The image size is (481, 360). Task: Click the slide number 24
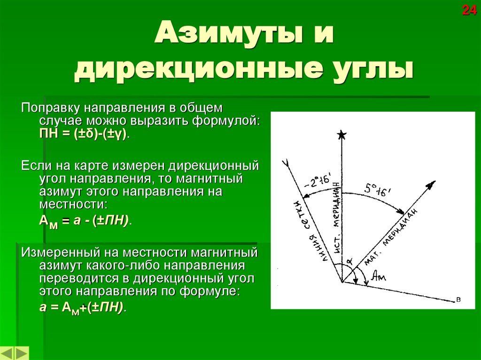(469, 10)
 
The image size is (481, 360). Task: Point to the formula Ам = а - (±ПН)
(85, 222)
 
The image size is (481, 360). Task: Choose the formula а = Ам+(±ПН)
(82, 307)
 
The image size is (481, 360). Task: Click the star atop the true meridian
(341, 136)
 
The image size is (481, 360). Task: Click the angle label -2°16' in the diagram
(318, 181)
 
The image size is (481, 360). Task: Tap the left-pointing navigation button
(8, 353)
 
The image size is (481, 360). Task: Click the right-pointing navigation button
(22, 353)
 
